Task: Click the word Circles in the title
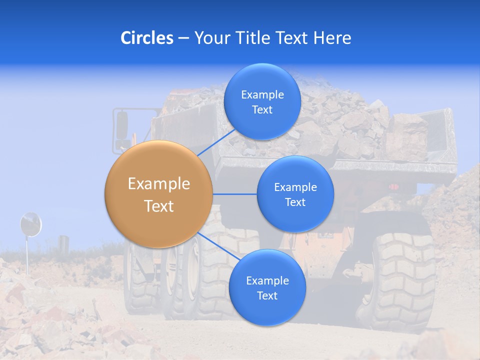coord(147,37)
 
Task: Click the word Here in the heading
coord(333,37)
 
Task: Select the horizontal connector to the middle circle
coord(234,194)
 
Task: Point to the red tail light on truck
coord(394,187)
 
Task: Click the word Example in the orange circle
coord(159,184)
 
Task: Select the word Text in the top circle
coord(262,110)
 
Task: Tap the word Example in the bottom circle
coord(267,281)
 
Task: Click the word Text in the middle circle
coord(295,202)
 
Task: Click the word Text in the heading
coord(292,37)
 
